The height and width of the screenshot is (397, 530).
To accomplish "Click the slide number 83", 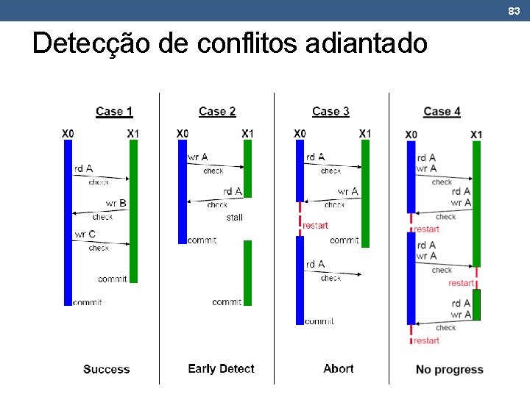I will [514, 10].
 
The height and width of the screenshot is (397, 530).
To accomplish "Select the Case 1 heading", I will [114, 112].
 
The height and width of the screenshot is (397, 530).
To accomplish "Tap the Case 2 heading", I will [217, 112].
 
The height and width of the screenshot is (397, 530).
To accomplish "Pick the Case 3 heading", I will [331, 112].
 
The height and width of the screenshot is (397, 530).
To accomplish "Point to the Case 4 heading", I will [442, 112].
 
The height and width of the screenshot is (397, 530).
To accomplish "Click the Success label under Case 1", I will [107, 369].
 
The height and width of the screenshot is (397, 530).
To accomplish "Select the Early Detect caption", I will [221, 369].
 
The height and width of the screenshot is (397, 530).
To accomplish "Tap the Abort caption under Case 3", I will [338, 369].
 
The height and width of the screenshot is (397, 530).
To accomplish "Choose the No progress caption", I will [449, 369].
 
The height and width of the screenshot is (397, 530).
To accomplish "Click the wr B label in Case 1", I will [116, 204].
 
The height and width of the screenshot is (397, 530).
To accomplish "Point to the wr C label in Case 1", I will [85, 235].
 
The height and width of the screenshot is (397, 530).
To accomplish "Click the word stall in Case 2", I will [234, 218].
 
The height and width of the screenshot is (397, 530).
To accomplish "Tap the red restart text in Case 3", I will [315, 226].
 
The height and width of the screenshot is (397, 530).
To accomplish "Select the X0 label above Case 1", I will [67, 133].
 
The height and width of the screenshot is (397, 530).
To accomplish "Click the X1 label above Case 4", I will [476, 134].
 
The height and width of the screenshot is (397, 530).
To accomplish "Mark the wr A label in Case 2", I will [198, 157].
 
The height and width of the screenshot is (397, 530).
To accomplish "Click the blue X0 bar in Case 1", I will [68, 221].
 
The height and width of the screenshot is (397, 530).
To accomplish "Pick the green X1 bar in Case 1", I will [133, 210].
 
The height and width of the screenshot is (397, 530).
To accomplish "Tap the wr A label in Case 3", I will [348, 192].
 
